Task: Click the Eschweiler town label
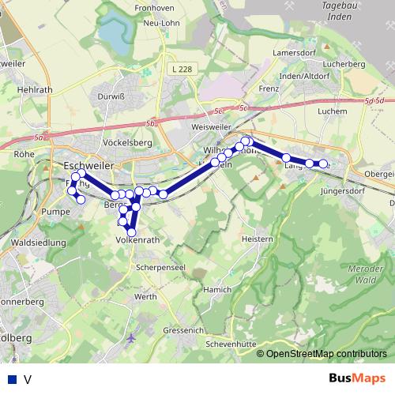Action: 88,165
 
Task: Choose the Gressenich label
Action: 184,330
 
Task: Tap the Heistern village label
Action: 257,239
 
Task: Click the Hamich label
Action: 216,290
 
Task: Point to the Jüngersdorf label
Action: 344,191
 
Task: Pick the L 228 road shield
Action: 180,70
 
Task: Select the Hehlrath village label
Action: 35,90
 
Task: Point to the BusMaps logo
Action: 356,378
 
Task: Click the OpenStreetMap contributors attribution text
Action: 326,353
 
